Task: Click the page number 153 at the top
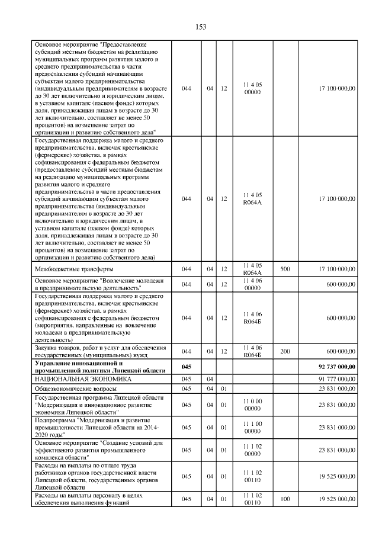tap(201, 27)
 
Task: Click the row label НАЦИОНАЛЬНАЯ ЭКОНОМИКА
tap(83, 378)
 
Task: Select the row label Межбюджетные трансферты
tap(71, 269)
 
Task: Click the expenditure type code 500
tap(285, 269)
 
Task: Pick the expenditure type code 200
tap(285, 351)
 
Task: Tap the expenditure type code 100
tap(285, 499)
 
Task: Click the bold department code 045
tap(186, 367)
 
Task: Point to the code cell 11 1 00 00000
tap(253, 426)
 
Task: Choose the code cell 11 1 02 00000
tap(253, 449)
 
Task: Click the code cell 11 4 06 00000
tap(253, 284)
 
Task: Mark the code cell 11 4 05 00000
tap(253, 88)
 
